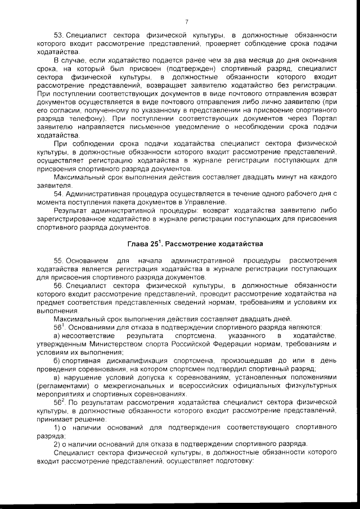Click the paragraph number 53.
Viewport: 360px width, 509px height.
[58, 35]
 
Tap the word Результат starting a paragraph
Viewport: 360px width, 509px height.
[71, 210]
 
